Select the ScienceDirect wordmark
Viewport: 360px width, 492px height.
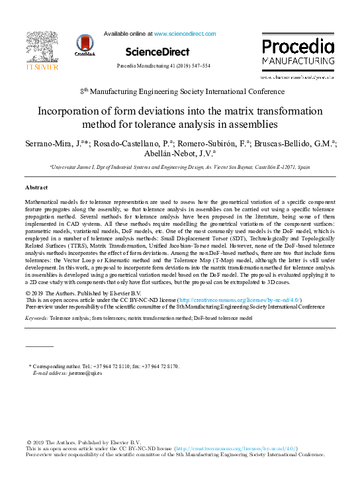157,51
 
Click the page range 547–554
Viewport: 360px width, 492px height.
198,66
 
